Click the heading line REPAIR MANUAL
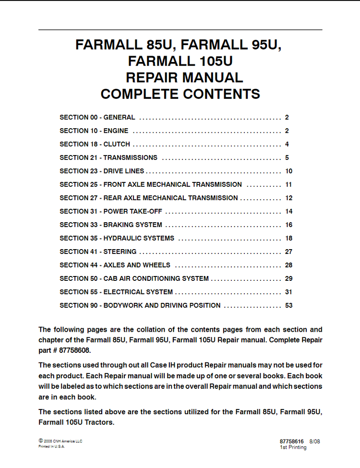[x=184, y=77]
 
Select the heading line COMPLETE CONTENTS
[x=180, y=94]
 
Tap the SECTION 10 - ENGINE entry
[x=94, y=131]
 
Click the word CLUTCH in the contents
[x=117, y=144]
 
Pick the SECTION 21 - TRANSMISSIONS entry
[x=108, y=157]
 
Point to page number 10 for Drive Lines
[x=288, y=171]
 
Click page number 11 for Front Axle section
[x=288, y=184]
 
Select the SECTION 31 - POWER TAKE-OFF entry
[x=111, y=211]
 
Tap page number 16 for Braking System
[x=288, y=225]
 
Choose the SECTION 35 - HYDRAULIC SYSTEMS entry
[x=117, y=238]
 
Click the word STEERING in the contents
[x=120, y=252]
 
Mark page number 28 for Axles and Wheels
[x=288, y=265]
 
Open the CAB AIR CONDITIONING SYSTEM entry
[x=156, y=278]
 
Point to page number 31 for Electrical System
[x=288, y=292]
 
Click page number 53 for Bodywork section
[x=288, y=305]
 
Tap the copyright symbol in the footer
[x=40, y=441]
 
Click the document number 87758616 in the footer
[x=291, y=441]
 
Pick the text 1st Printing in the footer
[x=293, y=447]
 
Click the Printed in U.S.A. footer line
[x=51, y=446]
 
